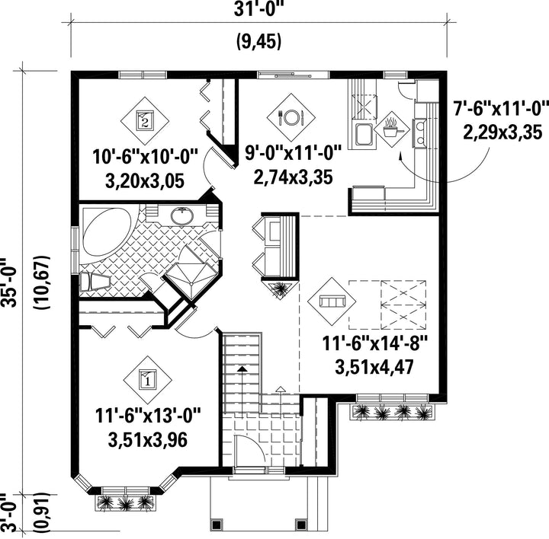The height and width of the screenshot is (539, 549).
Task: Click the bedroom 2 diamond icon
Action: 145,120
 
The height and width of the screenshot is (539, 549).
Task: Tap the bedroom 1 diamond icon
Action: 148,380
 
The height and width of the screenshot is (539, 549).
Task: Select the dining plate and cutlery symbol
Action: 291,117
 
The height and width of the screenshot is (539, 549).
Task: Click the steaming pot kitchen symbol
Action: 392,129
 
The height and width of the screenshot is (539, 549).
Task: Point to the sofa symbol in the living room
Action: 332,301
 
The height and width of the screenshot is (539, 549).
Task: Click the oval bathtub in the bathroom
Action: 106,232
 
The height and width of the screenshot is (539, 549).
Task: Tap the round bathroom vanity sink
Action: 182,215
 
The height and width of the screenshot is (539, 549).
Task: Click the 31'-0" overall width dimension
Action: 258,9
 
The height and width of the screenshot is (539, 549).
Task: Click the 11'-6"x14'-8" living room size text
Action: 374,343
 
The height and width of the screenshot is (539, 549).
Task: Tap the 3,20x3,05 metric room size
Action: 145,180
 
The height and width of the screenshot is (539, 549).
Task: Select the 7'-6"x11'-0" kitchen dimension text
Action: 501,108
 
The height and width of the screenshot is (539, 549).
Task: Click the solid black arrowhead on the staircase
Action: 242,368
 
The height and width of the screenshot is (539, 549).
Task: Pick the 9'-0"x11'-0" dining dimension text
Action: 293,153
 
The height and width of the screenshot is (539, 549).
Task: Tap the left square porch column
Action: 216,524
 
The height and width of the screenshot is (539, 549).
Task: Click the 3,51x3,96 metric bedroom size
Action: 148,440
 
